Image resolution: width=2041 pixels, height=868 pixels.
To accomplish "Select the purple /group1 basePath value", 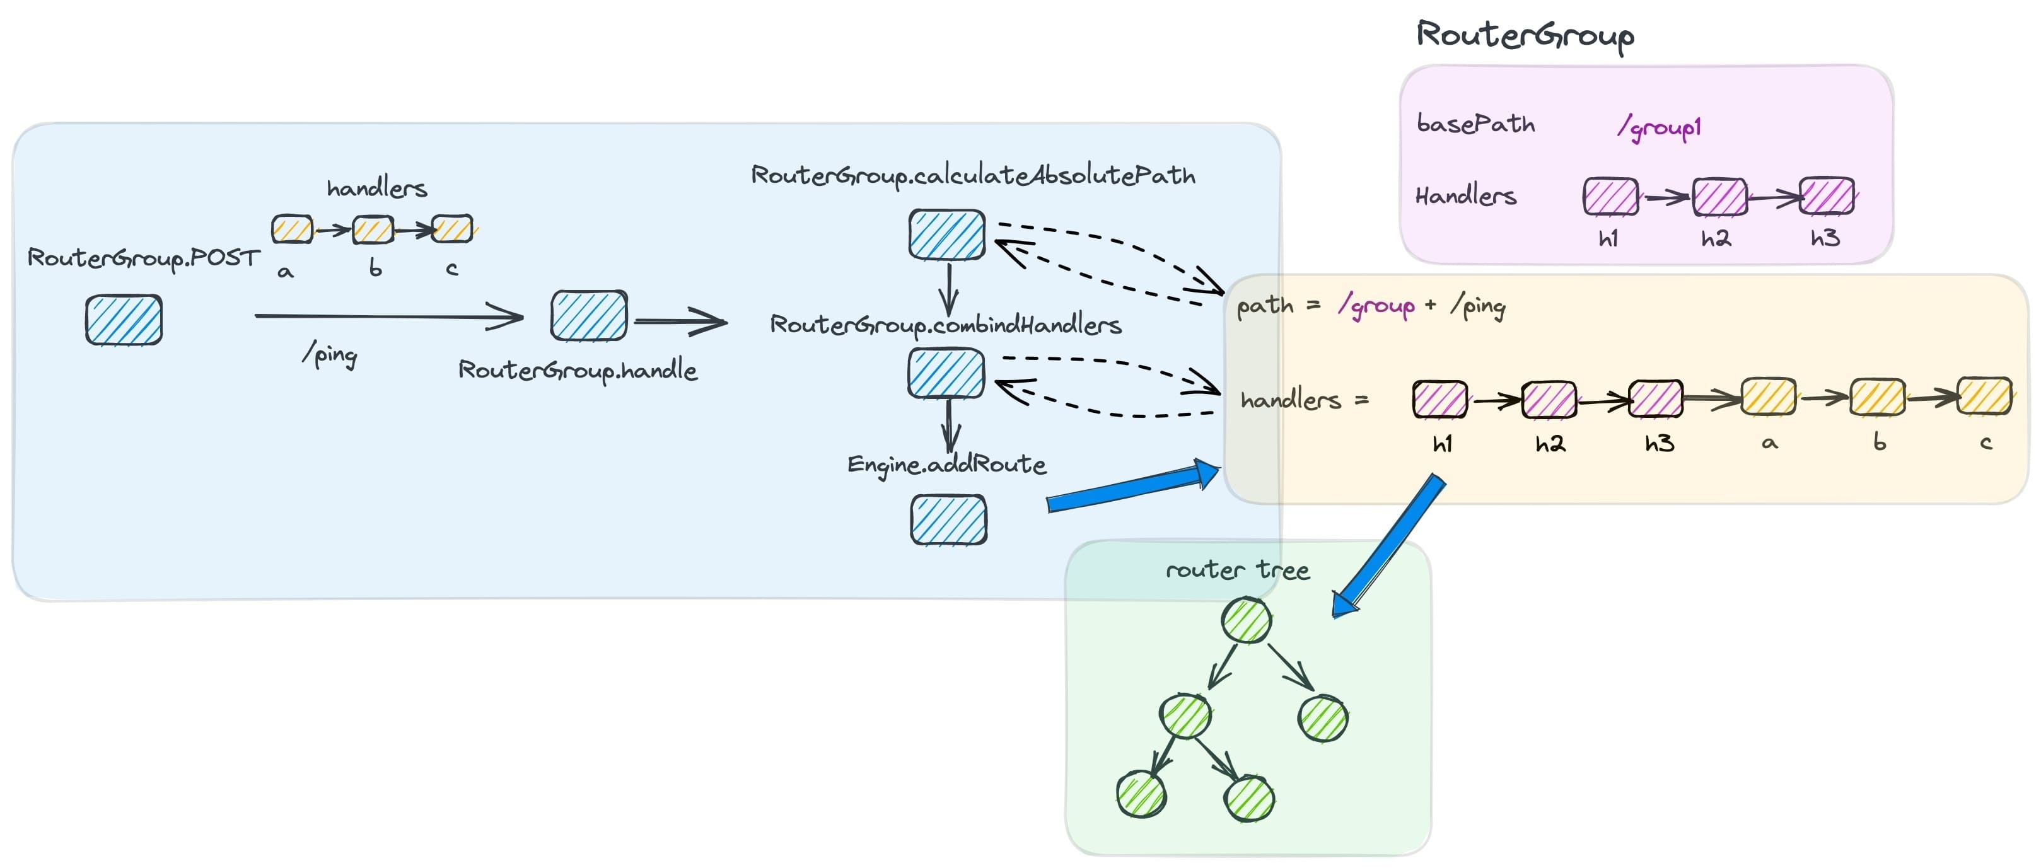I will (1659, 126).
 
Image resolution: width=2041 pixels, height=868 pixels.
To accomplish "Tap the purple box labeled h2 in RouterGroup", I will (1719, 197).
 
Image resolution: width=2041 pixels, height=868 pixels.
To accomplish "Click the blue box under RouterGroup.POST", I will (124, 320).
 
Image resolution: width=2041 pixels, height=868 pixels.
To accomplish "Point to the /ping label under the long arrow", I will (330, 354).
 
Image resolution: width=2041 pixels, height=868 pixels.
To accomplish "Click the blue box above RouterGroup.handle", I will (589, 316).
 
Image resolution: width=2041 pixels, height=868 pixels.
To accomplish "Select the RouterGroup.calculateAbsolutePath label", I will (973, 175).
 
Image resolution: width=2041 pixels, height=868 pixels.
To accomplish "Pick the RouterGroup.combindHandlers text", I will (945, 325).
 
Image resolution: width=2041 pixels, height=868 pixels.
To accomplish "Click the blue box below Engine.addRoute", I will (948, 519).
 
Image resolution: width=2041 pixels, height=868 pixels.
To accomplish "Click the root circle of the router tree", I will (1247, 620).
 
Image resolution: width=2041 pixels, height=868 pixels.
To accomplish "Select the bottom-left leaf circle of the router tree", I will (1141, 794).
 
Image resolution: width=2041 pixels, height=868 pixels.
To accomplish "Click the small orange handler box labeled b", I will (373, 229).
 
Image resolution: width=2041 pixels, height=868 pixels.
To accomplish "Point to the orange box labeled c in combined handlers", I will (1984, 396).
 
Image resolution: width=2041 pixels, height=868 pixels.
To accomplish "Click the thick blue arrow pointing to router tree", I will (1388, 547).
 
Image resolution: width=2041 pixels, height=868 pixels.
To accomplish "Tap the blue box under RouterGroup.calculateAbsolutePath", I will (947, 234).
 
